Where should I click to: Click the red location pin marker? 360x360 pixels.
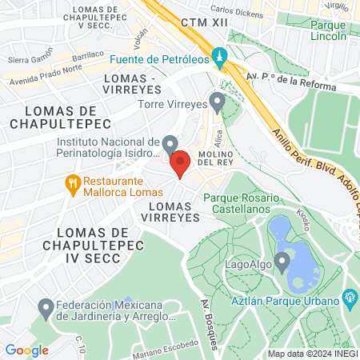click(180, 162)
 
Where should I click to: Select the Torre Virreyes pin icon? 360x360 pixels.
click(216, 102)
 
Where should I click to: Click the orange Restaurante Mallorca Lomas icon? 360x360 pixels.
click(73, 183)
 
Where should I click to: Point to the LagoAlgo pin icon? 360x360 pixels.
click(281, 262)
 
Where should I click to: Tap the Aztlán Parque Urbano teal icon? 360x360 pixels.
click(350, 298)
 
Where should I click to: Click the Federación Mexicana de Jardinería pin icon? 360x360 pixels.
click(46, 307)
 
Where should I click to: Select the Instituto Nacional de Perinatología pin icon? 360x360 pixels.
click(169, 144)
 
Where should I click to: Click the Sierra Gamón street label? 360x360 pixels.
click(30, 60)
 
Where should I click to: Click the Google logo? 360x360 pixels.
click(26, 350)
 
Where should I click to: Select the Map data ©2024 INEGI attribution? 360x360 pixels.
click(311, 354)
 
